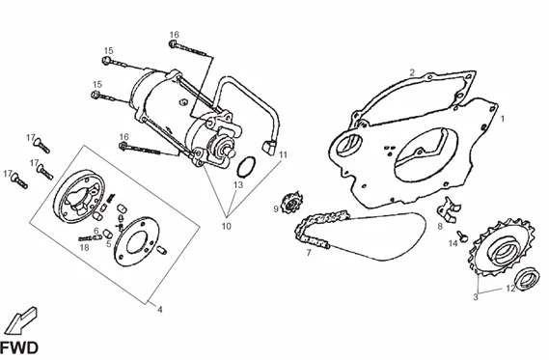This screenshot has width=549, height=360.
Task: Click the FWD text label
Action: tap(19, 348)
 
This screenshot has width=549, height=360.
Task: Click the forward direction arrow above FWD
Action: tap(22, 320)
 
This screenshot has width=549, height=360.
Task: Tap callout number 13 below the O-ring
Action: tap(238, 184)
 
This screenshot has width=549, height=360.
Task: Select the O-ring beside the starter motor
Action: tap(246, 167)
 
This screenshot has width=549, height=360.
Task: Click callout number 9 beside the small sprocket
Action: tap(276, 209)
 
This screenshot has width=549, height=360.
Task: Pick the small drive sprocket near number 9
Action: tap(291, 202)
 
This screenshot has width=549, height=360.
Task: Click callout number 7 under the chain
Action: tap(309, 253)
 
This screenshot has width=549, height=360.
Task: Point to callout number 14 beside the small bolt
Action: tap(453, 243)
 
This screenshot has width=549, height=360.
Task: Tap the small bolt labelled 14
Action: tap(463, 236)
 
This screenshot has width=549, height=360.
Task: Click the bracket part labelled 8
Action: tap(448, 208)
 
